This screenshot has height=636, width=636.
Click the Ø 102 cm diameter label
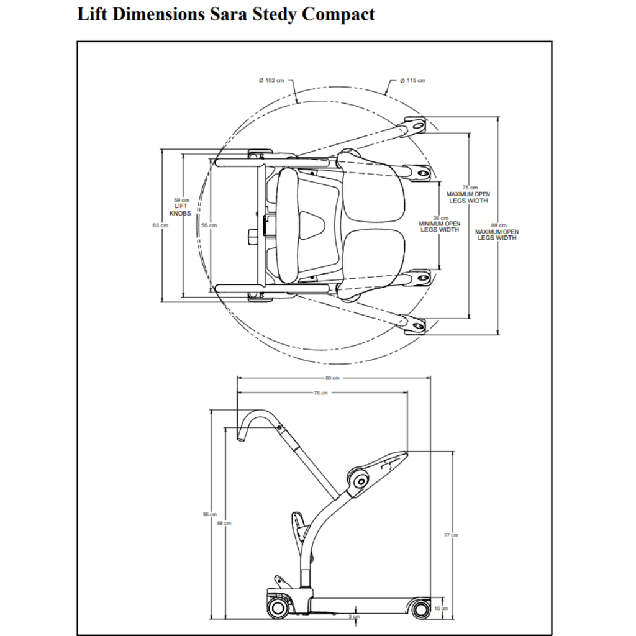coord(271,81)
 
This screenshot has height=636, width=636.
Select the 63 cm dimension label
coord(160,225)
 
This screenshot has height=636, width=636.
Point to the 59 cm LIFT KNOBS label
coord(181,206)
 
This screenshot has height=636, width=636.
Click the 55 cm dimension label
coord(209,225)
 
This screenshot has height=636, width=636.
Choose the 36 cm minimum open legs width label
coord(440,224)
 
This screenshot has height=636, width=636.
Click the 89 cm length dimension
coord(332,378)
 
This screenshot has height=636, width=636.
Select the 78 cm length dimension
coord(320,393)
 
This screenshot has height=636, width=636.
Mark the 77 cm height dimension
coord(451,535)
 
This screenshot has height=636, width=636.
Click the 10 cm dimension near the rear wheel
coord(441,609)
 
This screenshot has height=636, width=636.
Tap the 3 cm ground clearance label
coord(354,617)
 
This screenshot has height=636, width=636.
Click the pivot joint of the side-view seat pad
coord(358,478)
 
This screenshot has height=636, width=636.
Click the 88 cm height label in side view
coord(224,524)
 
